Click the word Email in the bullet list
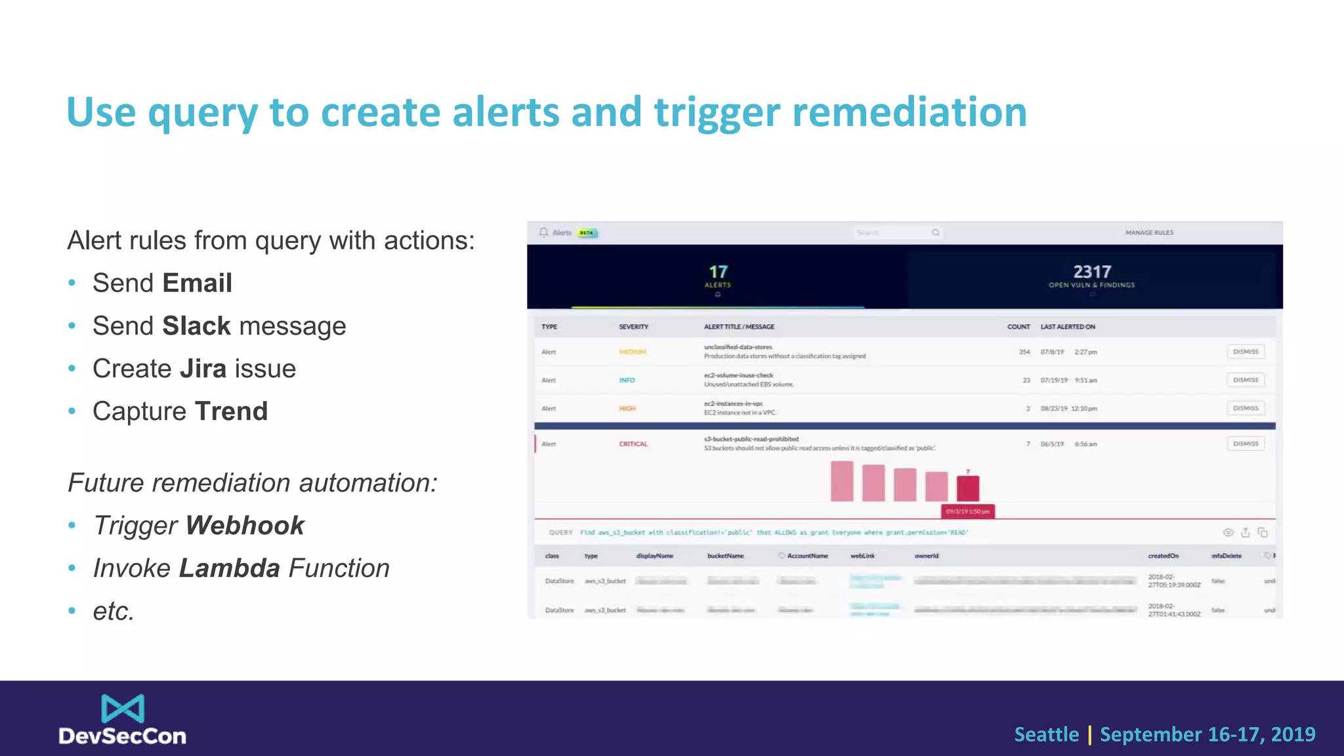tap(198, 283)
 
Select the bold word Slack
tap(196, 326)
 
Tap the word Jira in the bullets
tap(203, 369)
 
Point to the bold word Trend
tap(231, 411)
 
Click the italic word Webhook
tap(245, 526)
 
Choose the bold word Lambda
tap(229, 568)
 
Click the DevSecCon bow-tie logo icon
tap(123, 709)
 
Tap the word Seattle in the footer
tap(1046, 734)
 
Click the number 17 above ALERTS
tap(718, 272)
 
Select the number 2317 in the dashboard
tap(1092, 272)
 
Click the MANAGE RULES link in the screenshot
tap(1149, 233)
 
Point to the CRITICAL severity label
tap(633, 444)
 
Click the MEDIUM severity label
tap(633, 352)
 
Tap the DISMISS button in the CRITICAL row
tap(1246, 444)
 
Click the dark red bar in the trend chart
tap(968, 488)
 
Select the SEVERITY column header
tap(633, 327)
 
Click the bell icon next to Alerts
tap(543, 233)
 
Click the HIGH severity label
tap(627, 409)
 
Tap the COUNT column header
tap(1018, 327)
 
